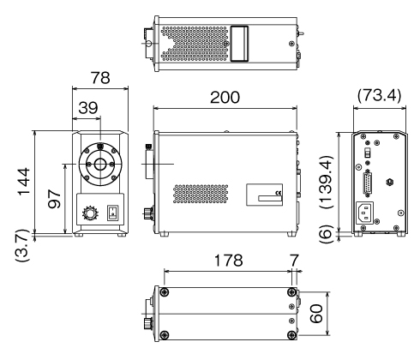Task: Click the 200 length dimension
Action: coord(225,98)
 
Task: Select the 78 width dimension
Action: coord(100,78)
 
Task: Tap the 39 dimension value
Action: coord(88,108)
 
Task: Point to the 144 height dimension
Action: coord(24,182)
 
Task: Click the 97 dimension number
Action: coord(54,199)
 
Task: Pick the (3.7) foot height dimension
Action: coord(22,245)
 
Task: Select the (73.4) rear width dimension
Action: coord(380,95)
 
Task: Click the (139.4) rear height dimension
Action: coord(327,183)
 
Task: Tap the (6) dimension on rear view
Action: coord(327,234)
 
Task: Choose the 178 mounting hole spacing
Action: coord(228,261)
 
